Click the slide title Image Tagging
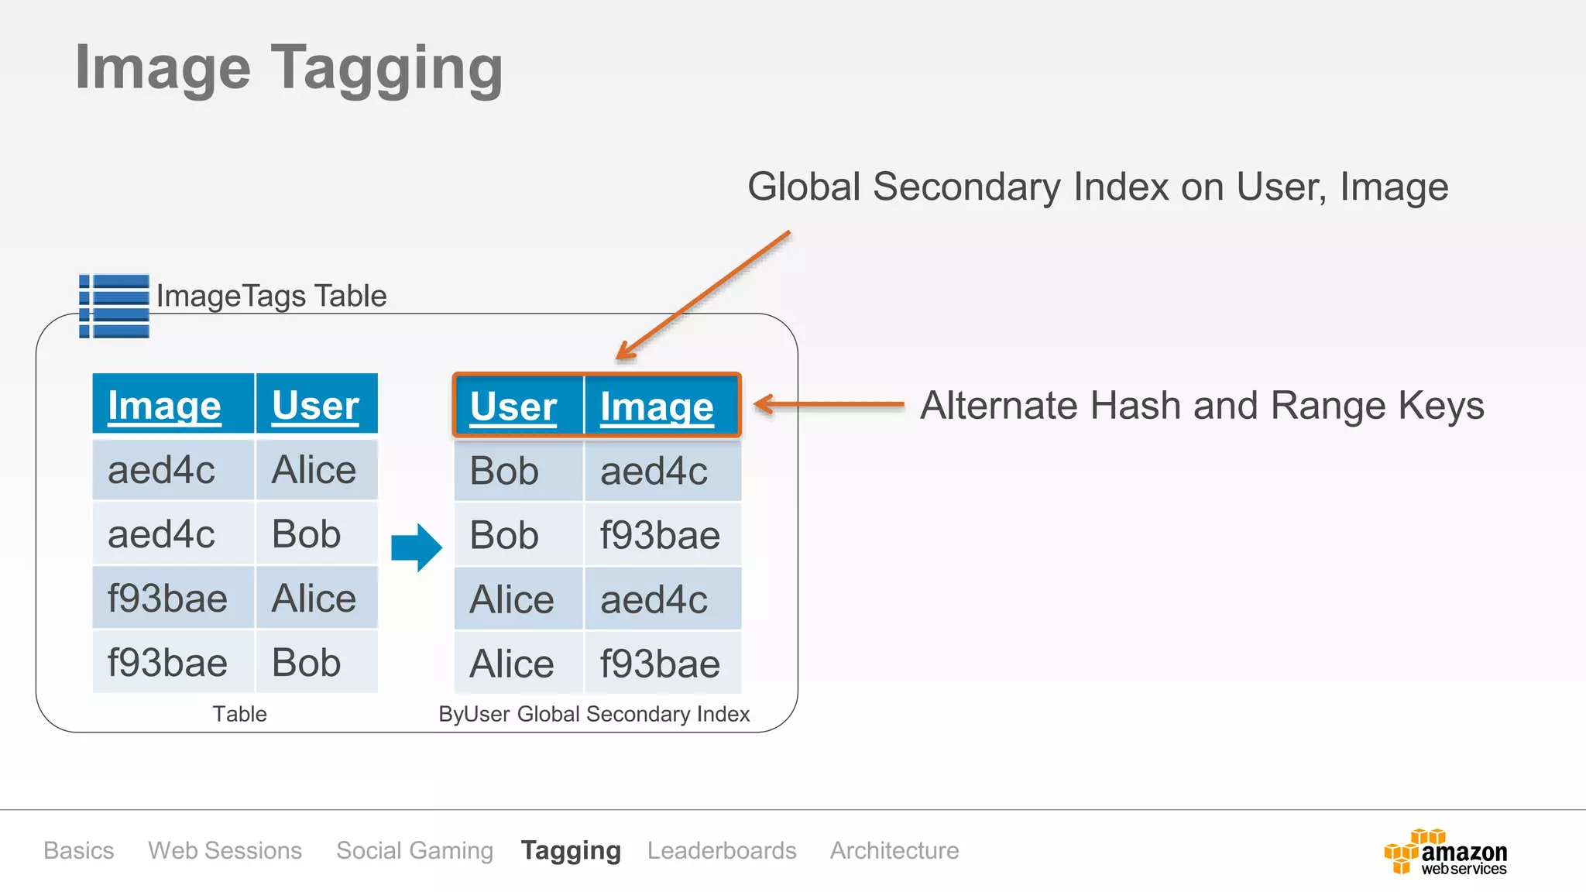click(x=288, y=68)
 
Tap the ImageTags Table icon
click(x=114, y=306)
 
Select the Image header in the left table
click(x=164, y=405)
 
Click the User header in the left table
click(x=315, y=405)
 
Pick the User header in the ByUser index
click(x=513, y=407)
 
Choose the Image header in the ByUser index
click(x=657, y=407)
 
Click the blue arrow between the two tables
click(x=416, y=547)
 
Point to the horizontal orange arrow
click(x=829, y=403)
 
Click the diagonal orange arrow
click(x=703, y=296)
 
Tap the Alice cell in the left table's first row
click(x=314, y=470)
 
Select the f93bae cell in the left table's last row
click(x=167, y=663)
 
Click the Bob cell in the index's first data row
click(x=504, y=471)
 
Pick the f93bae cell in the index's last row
click(x=660, y=664)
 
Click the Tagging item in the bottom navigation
click(x=571, y=850)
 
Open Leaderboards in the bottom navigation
click(x=722, y=850)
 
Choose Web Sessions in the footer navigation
click(x=225, y=850)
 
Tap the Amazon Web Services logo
click(x=1445, y=853)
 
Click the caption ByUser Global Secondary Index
click(x=594, y=714)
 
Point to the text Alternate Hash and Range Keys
click(x=1202, y=405)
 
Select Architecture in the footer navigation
click(x=894, y=850)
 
